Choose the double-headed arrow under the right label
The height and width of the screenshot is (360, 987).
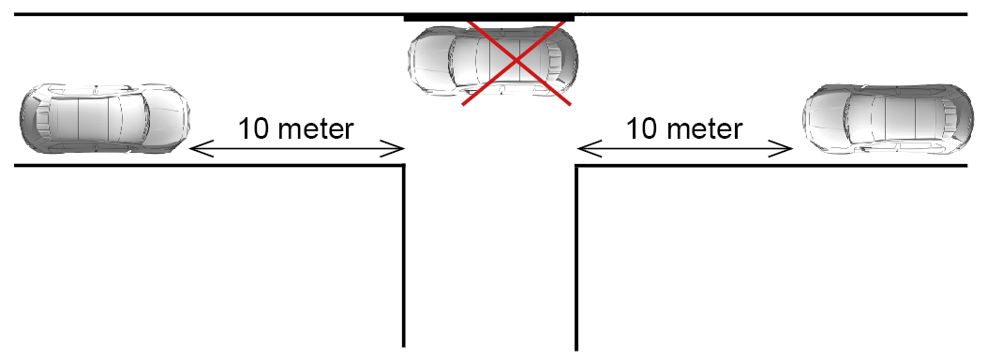pyautogui.click(x=686, y=147)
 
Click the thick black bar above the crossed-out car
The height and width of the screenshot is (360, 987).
pyautogui.click(x=489, y=17)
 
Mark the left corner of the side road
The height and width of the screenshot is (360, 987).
pyautogui.click(x=404, y=166)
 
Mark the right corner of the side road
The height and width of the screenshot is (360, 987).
pyautogui.click(x=576, y=167)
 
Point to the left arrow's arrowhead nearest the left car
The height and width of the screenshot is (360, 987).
pyautogui.click(x=194, y=148)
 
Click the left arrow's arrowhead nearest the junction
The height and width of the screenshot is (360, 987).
pyautogui.click(x=400, y=148)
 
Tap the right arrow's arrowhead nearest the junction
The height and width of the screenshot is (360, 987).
pyautogui.click(x=582, y=147)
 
